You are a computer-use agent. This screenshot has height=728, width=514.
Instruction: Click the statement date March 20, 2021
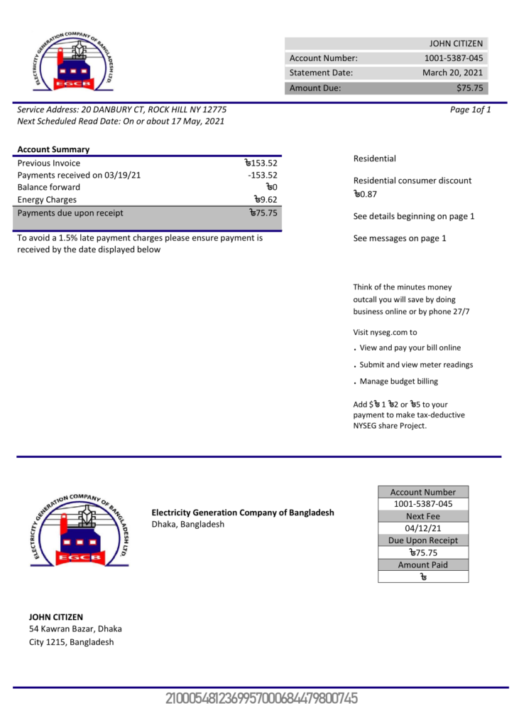click(x=452, y=73)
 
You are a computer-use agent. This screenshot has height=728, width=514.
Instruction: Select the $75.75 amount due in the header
click(x=469, y=88)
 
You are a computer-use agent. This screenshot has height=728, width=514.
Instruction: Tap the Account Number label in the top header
click(x=324, y=58)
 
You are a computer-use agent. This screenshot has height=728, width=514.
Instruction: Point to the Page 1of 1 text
click(x=470, y=109)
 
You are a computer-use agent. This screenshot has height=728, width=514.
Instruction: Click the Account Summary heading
click(x=53, y=149)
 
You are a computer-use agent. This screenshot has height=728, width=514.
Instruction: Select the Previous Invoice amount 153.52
click(x=260, y=163)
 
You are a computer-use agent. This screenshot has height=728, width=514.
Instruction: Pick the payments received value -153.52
click(x=262, y=175)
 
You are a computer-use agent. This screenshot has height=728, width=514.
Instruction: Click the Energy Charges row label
click(x=47, y=200)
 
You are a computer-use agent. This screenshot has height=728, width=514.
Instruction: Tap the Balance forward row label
click(x=48, y=187)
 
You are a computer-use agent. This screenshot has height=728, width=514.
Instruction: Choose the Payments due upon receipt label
click(x=70, y=213)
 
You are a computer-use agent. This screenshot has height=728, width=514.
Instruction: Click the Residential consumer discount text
click(x=412, y=181)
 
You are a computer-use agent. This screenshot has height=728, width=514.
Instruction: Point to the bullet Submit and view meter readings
click(x=416, y=365)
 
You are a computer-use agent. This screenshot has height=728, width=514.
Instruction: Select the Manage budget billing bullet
click(x=398, y=382)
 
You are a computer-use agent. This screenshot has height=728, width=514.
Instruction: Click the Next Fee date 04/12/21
click(x=423, y=528)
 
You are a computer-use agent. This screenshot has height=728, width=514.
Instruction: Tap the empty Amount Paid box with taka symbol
click(x=423, y=577)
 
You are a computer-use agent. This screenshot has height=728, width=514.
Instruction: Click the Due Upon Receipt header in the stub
click(x=423, y=540)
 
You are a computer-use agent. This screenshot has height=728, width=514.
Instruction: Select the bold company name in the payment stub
click(x=242, y=513)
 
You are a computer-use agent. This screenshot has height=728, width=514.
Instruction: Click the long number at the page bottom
click(x=261, y=699)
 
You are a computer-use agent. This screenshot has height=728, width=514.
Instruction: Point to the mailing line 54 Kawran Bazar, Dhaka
click(x=75, y=629)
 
